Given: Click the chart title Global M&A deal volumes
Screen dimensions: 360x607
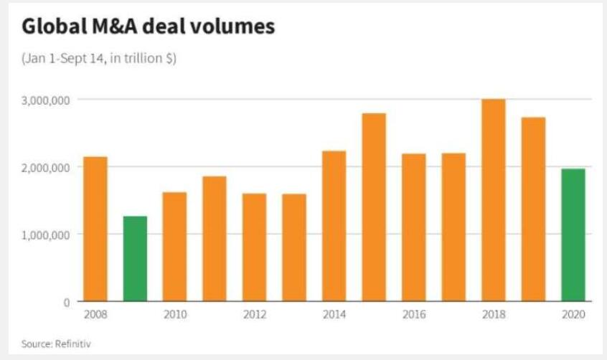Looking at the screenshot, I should pyautogui.click(x=148, y=27).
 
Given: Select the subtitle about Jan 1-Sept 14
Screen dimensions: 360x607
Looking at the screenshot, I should pyautogui.click(x=99, y=59).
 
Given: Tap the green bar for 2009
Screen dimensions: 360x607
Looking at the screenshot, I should pyautogui.click(x=135, y=258).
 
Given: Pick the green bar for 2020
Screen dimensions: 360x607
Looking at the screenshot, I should pyautogui.click(x=573, y=235).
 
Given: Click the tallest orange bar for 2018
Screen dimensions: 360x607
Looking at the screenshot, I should pyautogui.click(x=493, y=200).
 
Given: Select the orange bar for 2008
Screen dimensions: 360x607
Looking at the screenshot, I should pyautogui.click(x=95, y=229).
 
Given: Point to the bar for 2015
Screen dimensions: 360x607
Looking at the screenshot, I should pyautogui.click(x=374, y=207).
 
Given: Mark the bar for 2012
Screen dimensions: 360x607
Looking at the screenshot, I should pyautogui.click(x=254, y=247).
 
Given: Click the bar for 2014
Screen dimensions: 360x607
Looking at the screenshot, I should pyautogui.click(x=334, y=226).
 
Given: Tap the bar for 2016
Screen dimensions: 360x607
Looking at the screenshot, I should pyautogui.click(x=414, y=227).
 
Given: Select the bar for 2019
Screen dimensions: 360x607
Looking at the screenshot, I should pyautogui.click(x=533, y=209).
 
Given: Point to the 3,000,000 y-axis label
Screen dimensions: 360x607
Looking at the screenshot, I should pyautogui.click(x=46, y=100).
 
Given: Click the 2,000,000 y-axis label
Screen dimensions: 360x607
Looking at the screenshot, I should pyautogui.click(x=46, y=168).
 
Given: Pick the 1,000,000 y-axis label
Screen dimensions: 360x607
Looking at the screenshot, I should pyautogui.click(x=46, y=235).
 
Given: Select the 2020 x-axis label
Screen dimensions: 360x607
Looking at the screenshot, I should pyautogui.click(x=573, y=315).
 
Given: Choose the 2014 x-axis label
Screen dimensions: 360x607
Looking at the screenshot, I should pyautogui.click(x=334, y=315).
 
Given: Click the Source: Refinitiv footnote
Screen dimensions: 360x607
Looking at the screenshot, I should pyautogui.click(x=56, y=344).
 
